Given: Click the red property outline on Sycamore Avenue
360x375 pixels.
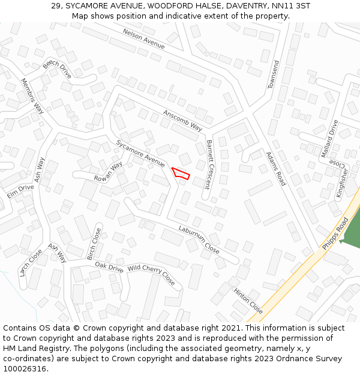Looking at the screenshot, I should point(181,173).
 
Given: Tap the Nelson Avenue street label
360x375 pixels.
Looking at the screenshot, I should point(143,38).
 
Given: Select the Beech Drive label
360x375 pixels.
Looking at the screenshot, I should point(57,70).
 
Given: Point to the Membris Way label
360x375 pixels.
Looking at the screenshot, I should point(32,95).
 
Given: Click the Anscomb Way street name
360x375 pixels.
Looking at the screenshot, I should point(183,119).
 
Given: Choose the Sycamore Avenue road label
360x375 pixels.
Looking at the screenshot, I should point(140,154).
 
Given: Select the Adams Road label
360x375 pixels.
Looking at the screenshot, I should point(275,169).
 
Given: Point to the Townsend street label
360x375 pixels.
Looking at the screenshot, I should point(272,74).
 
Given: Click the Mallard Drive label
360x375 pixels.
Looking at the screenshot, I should point(329,139).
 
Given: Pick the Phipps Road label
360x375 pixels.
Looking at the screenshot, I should point(335,234).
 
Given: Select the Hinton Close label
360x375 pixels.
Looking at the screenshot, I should point(248,300).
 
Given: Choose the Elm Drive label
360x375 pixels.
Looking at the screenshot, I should point(20,191).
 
